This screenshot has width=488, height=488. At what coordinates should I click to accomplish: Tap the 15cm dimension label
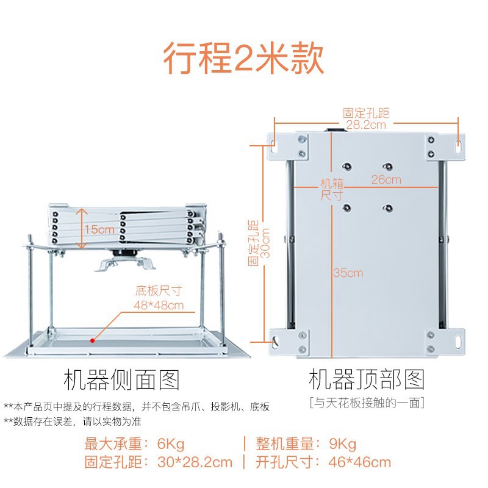point(99,229)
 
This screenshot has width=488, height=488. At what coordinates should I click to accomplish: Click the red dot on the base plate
point(93,340)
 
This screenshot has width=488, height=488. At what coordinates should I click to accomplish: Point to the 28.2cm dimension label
point(365,124)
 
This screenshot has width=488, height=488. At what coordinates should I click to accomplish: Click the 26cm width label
point(386,179)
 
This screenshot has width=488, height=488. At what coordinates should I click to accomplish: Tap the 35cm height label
point(348,273)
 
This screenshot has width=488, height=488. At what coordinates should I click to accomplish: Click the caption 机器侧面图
point(122,380)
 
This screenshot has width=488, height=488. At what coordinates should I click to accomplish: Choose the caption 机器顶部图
point(367,380)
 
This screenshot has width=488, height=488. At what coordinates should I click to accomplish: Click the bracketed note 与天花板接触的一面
point(366,403)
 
